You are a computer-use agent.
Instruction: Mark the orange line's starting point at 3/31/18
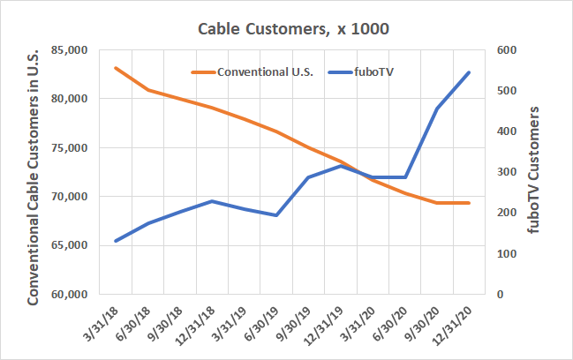click(117, 68)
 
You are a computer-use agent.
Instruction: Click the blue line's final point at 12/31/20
click(468, 72)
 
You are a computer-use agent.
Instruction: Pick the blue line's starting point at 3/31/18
click(117, 241)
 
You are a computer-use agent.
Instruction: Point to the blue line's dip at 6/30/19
click(276, 215)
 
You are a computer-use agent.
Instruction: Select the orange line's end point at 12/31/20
click(468, 203)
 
